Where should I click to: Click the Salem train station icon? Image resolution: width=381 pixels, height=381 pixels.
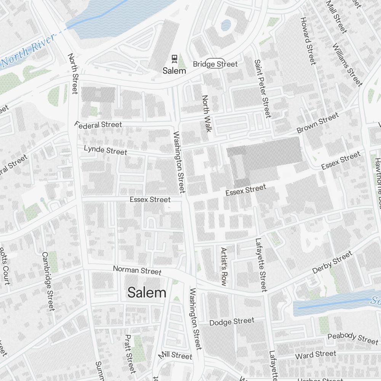click(x=174, y=59)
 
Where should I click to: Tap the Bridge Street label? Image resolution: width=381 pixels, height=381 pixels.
click(x=215, y=64)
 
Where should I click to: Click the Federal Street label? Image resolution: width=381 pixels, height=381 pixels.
click(x=98, y=125)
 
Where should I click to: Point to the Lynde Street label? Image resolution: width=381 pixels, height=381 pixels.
click(x=106, y=150)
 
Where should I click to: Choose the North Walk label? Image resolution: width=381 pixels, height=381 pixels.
click(x=206, y=113)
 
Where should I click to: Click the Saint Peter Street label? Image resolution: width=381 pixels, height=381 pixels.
click(x=263, y=88)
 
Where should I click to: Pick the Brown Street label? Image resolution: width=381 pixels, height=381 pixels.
click(x=317, y=123)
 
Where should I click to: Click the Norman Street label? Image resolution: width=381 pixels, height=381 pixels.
click(x=137, y=271)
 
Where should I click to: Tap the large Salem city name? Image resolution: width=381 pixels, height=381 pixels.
click(x=147, y=293)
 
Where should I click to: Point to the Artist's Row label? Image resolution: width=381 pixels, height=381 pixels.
click(x=224, y=266)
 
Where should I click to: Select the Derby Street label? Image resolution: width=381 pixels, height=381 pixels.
click(x=332, y=263)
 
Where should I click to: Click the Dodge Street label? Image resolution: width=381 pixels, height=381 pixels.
click(x=232, y=322)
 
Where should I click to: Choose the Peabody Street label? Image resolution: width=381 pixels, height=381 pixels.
click(x=353, y=338)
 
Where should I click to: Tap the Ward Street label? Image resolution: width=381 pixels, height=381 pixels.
click(x=316, y=355)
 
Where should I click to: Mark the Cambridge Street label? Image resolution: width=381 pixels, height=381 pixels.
click(x=48, y=281)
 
